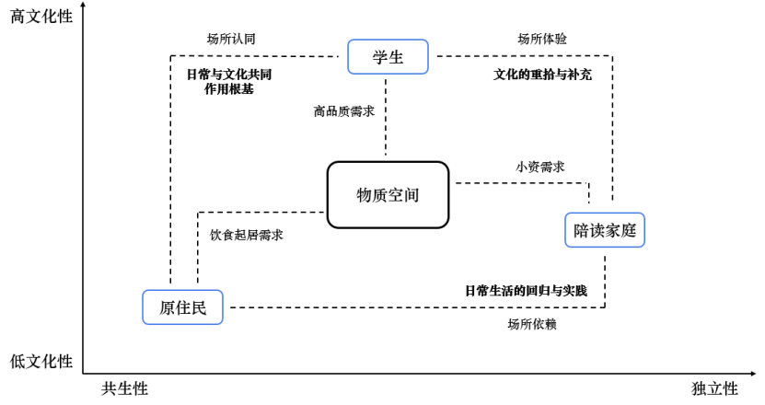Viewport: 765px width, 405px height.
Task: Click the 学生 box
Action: point(388,57)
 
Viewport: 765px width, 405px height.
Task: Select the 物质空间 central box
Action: point(388,194)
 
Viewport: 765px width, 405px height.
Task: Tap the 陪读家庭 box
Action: point(604,230)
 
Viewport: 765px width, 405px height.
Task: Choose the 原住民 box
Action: point(184,307)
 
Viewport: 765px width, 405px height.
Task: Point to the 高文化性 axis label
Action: point(41,16)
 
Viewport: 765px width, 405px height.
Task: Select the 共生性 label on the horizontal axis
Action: point(124,388)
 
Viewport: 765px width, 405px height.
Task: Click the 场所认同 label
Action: point(231,39)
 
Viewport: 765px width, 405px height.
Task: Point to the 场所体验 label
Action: point(542,39)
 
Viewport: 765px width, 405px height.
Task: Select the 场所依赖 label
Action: point(531,324)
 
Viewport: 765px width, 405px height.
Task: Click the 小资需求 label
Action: point(539,167)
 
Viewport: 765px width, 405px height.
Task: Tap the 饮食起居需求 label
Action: point(246,235)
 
